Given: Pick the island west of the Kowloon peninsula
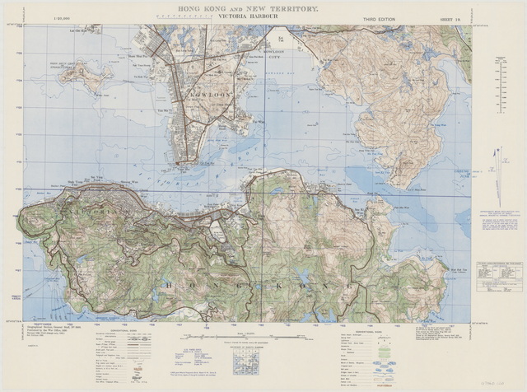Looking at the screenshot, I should coord(85,76).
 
